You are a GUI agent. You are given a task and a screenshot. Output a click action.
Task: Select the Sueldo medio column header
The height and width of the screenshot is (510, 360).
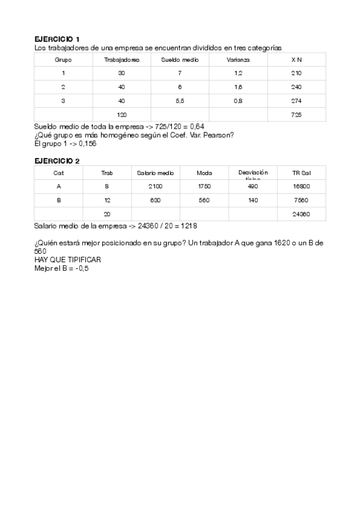[179, 60]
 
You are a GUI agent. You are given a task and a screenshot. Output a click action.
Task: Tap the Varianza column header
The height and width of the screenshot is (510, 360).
[238, 60]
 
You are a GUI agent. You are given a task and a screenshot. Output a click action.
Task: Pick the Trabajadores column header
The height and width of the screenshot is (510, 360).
[122, 60]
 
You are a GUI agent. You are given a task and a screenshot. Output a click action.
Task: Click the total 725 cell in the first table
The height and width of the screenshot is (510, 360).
[296, 114]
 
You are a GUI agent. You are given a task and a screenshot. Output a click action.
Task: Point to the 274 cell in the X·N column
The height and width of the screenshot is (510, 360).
[296, 100]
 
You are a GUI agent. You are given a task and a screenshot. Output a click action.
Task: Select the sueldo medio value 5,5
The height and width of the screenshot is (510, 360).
[180, 100]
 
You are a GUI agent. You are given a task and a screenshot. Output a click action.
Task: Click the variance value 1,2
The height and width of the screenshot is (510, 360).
[238, 73]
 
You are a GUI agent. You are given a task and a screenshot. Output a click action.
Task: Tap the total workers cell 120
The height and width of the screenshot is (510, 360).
[122, 114]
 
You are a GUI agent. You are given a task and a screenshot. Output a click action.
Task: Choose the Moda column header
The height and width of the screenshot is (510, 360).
[204, 173]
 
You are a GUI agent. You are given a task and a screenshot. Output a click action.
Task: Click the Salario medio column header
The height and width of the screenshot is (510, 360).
[156, 173]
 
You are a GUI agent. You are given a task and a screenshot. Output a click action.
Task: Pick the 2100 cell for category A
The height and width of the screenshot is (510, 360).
[156, 186]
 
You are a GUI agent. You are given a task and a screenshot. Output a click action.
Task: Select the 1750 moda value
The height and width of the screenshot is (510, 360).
[204, 186]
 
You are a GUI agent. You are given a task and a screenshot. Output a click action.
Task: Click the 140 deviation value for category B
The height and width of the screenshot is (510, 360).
[253, 200]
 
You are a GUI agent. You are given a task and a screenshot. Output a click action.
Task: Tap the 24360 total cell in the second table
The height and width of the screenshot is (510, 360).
[301, 214]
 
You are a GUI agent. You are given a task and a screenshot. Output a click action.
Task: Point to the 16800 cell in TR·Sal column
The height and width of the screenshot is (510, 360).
[301, 186]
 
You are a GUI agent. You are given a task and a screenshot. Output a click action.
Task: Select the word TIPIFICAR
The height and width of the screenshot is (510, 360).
[83, 259]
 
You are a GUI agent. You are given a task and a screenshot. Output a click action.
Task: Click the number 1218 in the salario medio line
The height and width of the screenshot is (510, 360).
[188, 226]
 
